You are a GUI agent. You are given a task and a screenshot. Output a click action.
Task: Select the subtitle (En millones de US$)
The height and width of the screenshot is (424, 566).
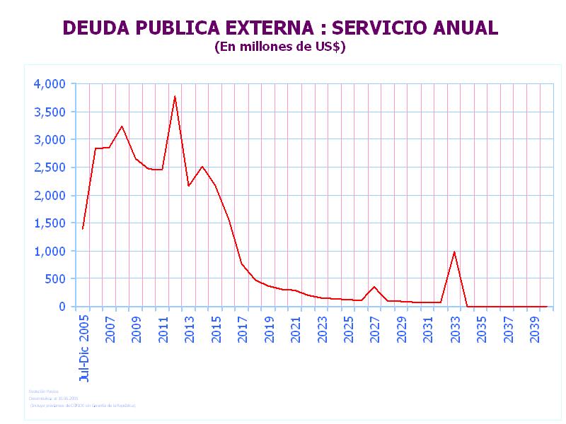coord(279,47)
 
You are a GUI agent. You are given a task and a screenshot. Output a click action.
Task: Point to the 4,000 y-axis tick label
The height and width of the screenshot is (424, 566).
coord(50,84)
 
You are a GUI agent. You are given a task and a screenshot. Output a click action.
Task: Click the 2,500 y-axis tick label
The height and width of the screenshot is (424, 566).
coord(50,167)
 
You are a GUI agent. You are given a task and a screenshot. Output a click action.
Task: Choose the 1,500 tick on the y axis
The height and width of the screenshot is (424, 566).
coord(50,223)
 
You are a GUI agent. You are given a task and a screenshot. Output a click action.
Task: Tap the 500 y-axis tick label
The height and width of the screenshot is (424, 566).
coord(55,279)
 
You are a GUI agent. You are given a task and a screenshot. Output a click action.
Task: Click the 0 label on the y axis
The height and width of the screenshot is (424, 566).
coord(62,307)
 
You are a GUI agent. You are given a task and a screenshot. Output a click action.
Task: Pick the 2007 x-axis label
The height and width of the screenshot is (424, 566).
coord(110,329)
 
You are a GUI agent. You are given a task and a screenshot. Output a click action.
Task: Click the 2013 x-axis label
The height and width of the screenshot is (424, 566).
coord(190,329)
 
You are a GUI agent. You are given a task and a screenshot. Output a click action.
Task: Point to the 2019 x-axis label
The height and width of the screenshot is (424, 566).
coord(270,329)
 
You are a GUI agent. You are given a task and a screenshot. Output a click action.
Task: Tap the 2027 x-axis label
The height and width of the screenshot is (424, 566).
coord(375,329)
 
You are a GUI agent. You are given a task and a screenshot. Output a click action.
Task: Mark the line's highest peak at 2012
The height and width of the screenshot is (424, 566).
coord(175,96)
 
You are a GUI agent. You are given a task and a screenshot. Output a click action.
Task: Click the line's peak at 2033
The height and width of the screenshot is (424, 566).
coord(454,252)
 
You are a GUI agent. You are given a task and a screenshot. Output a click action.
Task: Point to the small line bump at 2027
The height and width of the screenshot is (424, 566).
coord(374,287)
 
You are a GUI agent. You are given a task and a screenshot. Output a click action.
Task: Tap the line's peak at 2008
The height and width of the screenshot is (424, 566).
coord(122,126)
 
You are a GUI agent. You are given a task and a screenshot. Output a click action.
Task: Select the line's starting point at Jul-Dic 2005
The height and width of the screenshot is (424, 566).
coord(83,228)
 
